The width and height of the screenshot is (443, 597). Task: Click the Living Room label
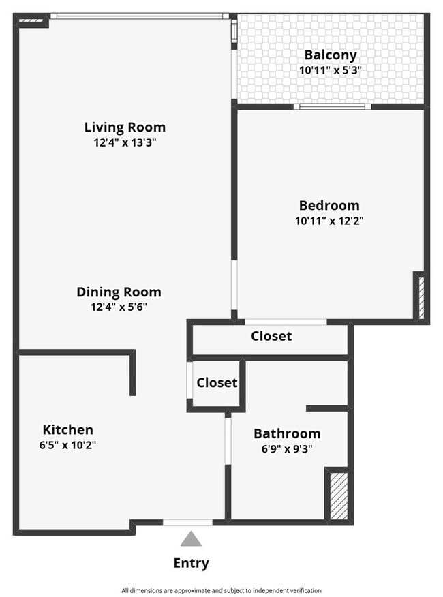point(125,127)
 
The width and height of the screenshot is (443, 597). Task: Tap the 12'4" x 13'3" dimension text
point(125,142)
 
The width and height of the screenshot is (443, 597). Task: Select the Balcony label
point(331,55)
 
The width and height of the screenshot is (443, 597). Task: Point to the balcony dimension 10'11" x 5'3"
point(331,70)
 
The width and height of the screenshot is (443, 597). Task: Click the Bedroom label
point(329,205)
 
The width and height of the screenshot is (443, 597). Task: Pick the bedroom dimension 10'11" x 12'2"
point(329,220)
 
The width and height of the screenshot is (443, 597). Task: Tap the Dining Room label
point(119,292)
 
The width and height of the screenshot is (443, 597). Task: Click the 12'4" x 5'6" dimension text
point(119,307)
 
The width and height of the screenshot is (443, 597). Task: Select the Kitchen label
point(67,429)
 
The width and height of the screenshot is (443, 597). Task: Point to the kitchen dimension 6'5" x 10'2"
point(67,445)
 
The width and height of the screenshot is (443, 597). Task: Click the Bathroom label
point(287,433)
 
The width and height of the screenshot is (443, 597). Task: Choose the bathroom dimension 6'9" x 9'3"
point(287,448)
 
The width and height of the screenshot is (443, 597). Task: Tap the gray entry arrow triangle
point(192,539)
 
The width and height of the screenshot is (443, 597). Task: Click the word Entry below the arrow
point(192,563)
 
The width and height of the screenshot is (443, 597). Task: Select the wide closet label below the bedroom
point(271,336)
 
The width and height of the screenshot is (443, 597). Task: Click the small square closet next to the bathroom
point(217,383)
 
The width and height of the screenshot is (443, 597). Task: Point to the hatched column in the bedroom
point(421,296)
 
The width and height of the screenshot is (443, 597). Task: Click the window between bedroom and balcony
point(333,106)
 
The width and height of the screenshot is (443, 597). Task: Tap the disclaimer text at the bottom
point(221,590)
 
